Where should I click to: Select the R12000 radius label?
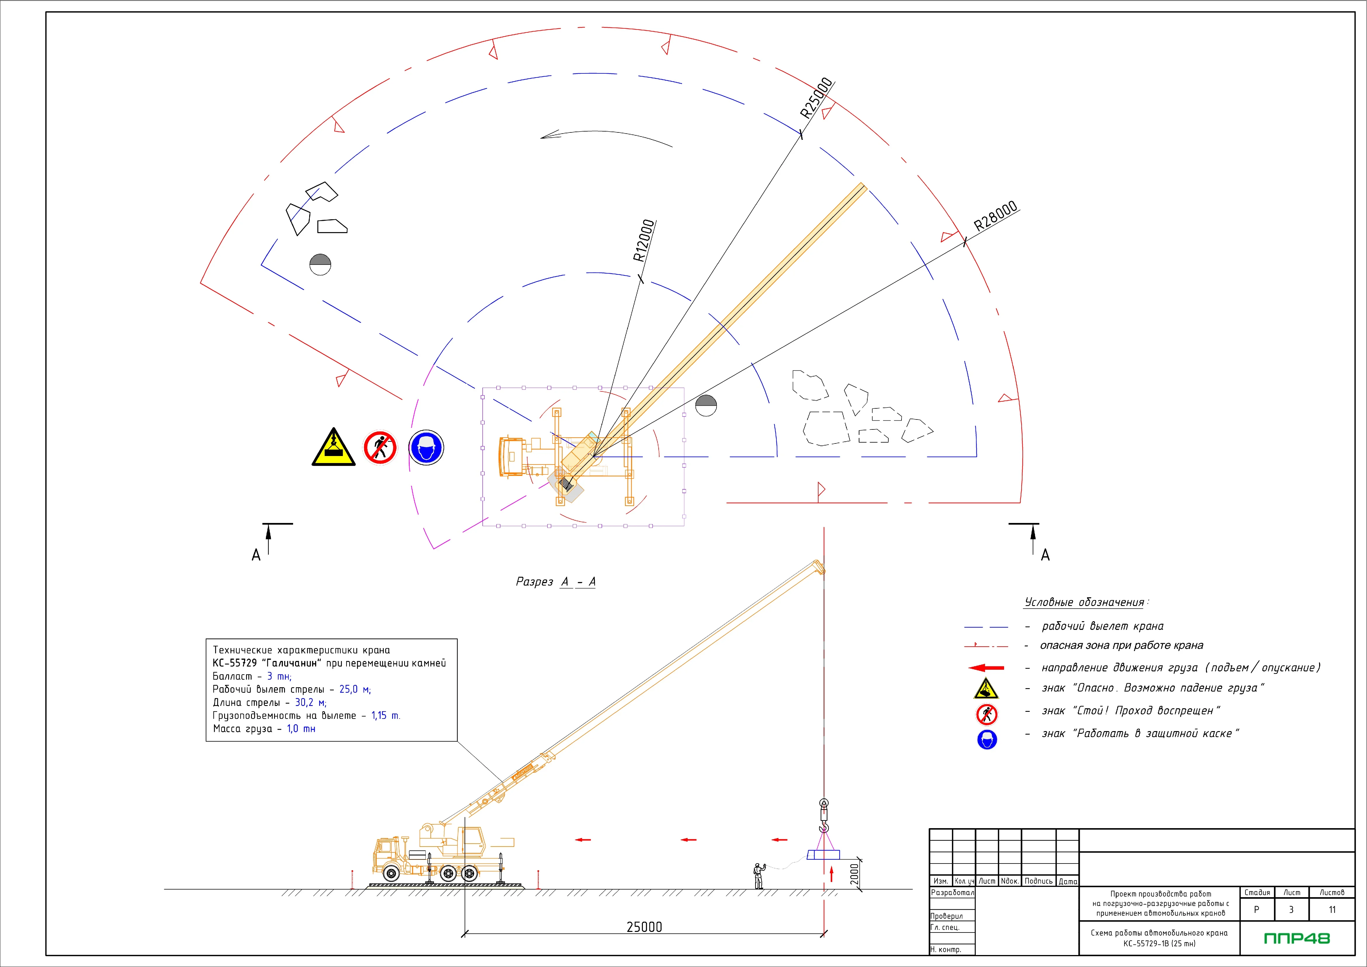tap(643, 241)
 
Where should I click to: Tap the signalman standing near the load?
tap(759, 876)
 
